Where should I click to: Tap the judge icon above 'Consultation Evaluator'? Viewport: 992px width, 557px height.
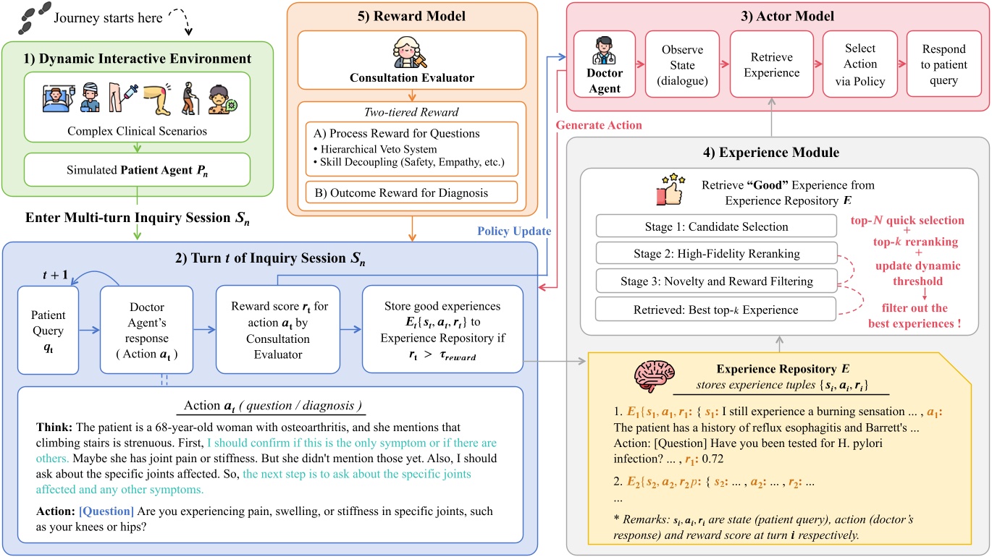pos(412,54)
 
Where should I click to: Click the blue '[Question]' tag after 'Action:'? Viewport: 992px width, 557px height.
pos(107,511)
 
